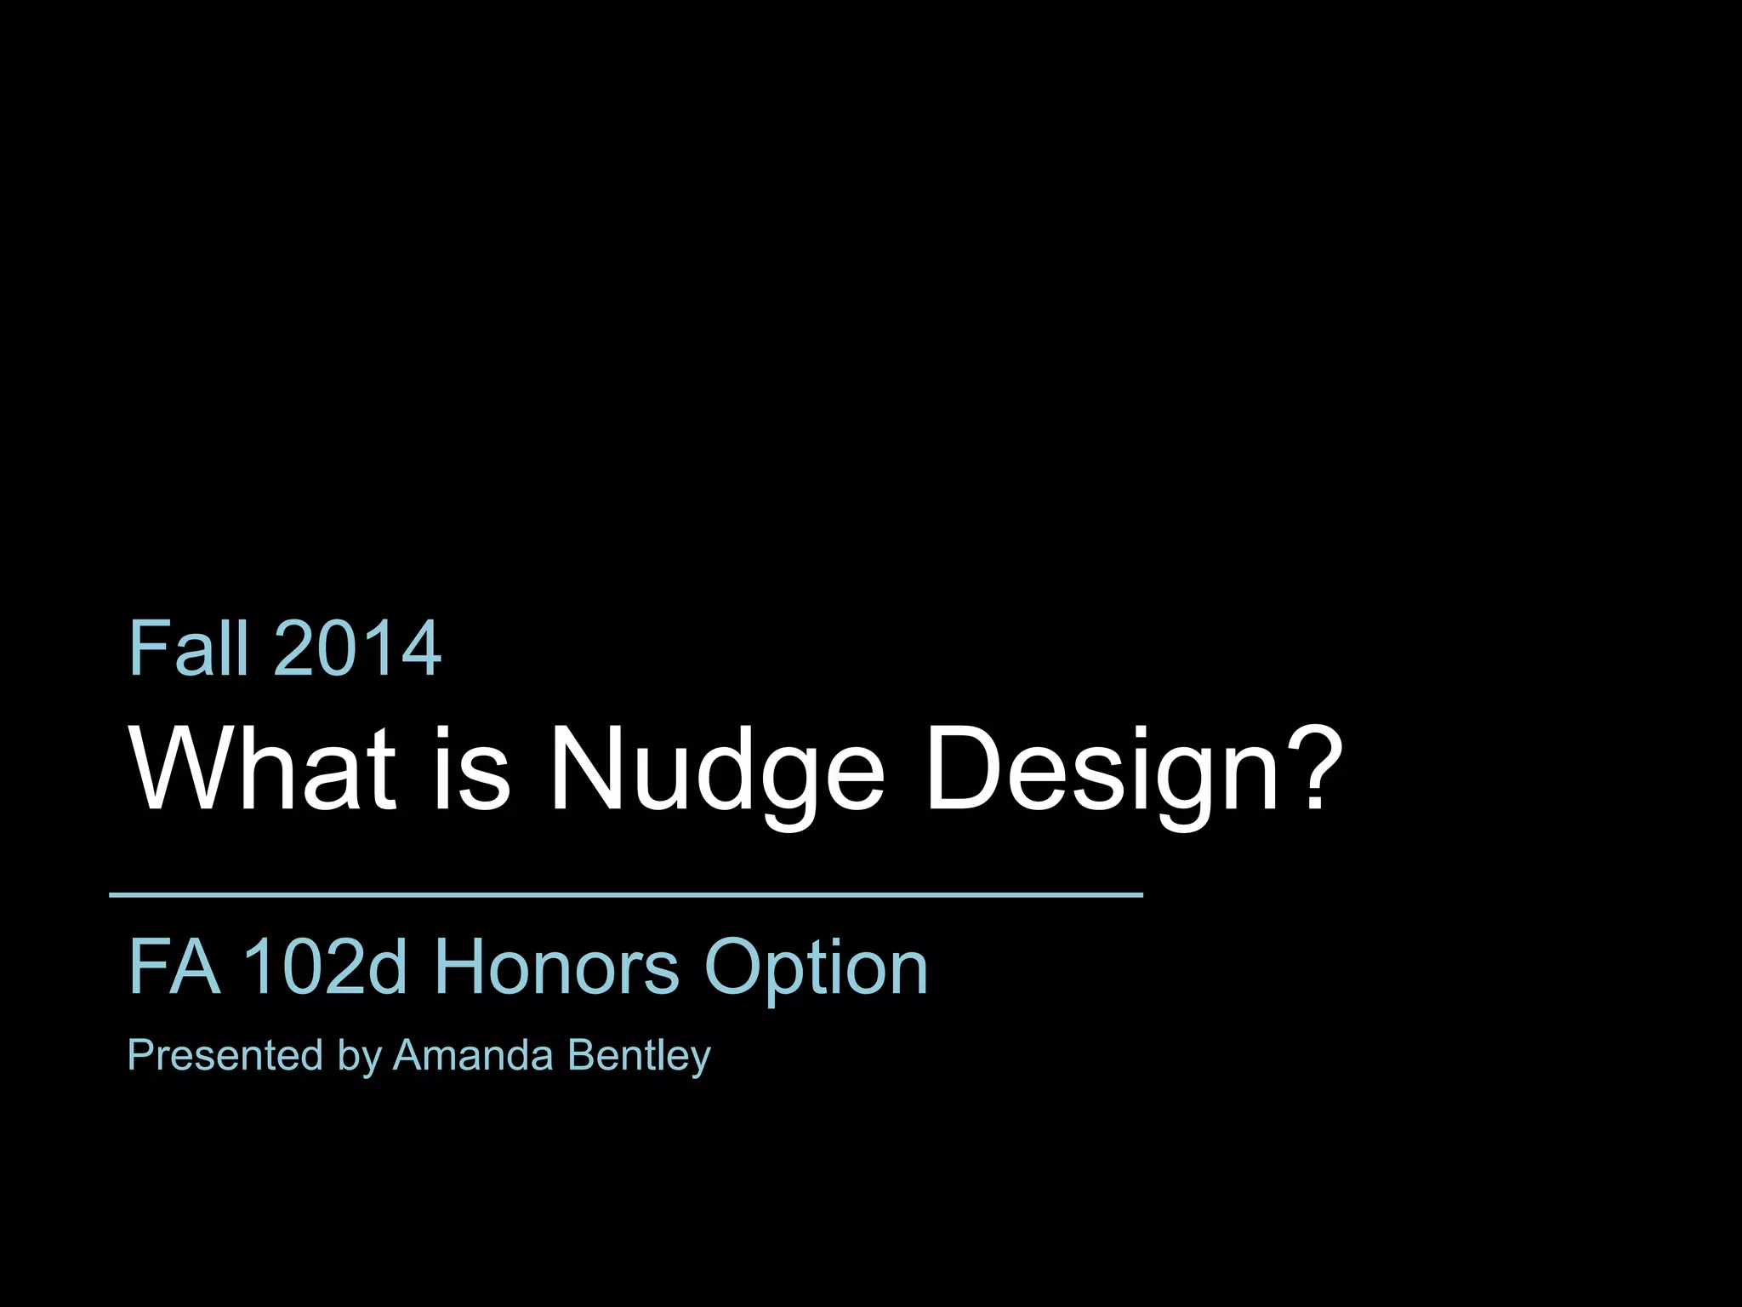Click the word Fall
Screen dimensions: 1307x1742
point(189,648)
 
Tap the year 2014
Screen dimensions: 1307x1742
point(357,648)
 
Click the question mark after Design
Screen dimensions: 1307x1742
point(1315,766)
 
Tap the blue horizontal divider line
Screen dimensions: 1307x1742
point(626,894)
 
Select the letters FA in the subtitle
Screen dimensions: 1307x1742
point(174,967)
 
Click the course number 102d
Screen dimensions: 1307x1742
point(325,967)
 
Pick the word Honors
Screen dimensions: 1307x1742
point(556,967)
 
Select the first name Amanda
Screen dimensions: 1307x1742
point(473,1055)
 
